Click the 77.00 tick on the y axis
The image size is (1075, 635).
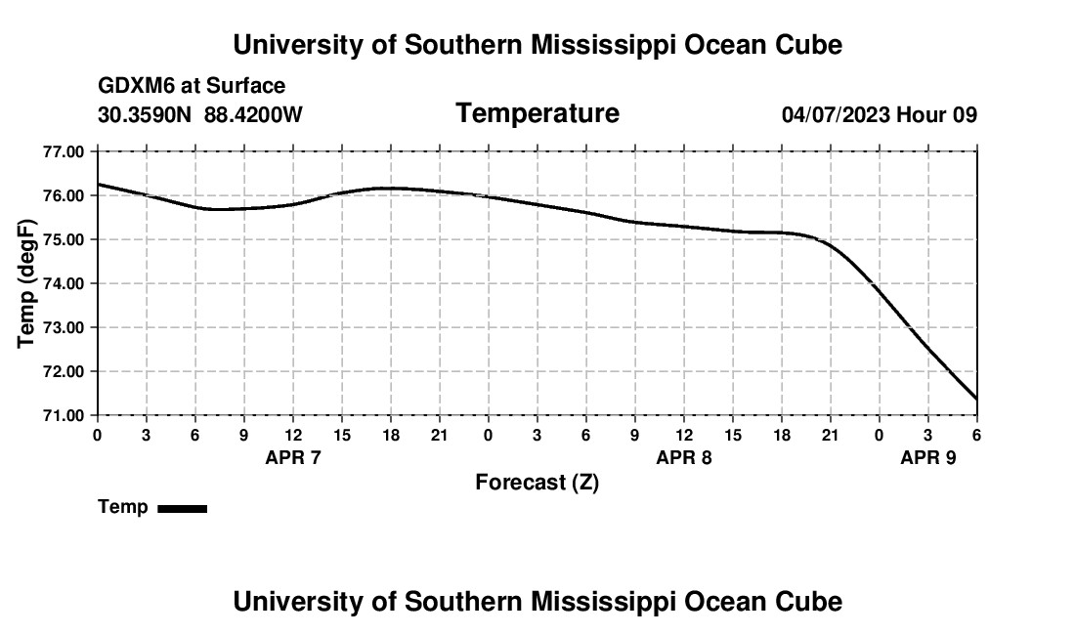click(64, 151)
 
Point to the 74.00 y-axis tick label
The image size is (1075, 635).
click(64, 283)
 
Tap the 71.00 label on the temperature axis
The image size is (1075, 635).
click(64, 415)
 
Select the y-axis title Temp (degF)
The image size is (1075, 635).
click(27, 283)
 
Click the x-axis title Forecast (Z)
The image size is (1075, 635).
click(537, 482)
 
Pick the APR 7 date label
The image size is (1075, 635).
click(292, 457)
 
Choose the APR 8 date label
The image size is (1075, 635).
click(683, 457)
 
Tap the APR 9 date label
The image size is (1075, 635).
click(927, 457)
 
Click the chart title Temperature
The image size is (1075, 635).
click(537, 113)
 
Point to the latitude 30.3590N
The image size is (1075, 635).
click(145, 115)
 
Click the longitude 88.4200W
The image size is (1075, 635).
click(253, 115)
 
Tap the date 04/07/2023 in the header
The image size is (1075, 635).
click(836, 115)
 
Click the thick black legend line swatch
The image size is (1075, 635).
click(182, 508)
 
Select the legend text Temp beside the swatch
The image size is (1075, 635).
click(123, 507)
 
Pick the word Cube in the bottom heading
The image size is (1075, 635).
click(811, 601)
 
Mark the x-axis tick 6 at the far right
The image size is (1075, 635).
click(976, 434)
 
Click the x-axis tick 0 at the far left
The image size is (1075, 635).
click(97, 434)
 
